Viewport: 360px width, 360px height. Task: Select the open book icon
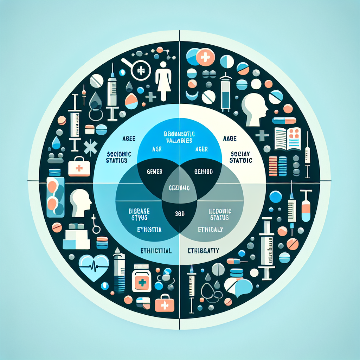pyautogui.click(x=288, y=138)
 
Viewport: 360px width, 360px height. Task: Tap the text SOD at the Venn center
pyautogui.click(x=180, y=213)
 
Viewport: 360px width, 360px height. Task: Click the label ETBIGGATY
pyautogui.click(x=204, y=251)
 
